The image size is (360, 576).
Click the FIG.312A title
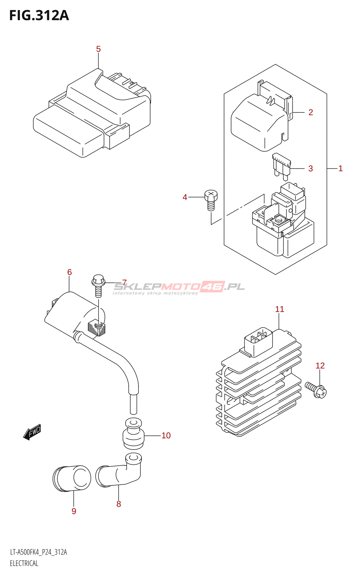pos(39,15)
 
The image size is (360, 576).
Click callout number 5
pos(99,49)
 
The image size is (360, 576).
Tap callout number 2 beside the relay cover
pos(311,112)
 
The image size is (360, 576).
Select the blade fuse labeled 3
pos(282,167)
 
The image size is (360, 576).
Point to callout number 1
pos(341,168)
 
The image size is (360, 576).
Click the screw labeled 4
pos(211,200)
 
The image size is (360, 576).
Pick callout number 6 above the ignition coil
pos(69,272)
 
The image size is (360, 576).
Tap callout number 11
pos(279,309)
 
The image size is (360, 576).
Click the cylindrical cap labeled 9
pos(72,478)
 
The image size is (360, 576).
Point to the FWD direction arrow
pos(32,432)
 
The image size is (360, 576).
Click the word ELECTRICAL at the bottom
pos(24,564)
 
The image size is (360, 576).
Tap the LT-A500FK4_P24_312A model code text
pos(38,552)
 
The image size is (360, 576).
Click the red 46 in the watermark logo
pos(212,287)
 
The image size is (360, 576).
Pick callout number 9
pos(74,511)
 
